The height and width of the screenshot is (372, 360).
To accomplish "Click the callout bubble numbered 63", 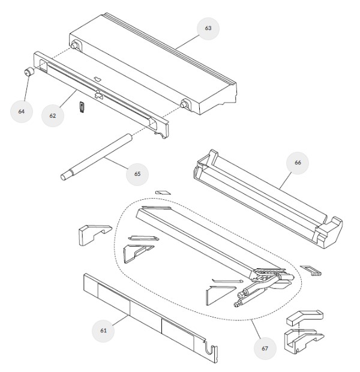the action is pyautogui.click(x=208, y=28).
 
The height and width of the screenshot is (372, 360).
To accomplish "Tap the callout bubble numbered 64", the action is pyautogui.click(x=22, y=112).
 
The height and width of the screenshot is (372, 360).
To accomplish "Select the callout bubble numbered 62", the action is pyautogui.click(x=52, y=116).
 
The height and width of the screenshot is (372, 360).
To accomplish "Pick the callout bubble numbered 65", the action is pyautogui.click(x=137, y=174).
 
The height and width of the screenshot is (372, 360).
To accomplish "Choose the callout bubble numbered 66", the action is pyautogui.click(x=298, y=163).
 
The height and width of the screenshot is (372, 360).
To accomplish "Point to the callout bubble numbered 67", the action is pyautogui.click(x=265, y=349).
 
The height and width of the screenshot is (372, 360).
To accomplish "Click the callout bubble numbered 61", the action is pyautogui.click(x=103, y=331).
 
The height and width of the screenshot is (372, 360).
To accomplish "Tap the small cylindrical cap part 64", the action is pyautogui.click(x=29, y=71).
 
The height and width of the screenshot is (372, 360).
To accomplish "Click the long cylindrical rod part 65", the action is pyautogui.click(x=97, y=157).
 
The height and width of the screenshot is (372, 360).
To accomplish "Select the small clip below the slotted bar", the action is pyautogui.click(x=82, y=107).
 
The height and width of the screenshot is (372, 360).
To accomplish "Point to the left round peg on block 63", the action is pyautogui.click(x=75, y=46).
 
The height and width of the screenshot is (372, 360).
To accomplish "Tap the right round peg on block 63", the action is pyautogui.click(x=184, y=104).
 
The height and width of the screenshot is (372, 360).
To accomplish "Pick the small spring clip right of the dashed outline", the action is pyautogui.click(x=311, y=270).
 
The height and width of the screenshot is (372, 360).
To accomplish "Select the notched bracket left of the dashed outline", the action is pyautogui.click(x=95, y=235).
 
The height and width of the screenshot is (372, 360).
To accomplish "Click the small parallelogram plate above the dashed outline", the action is pyautogui.click(x=163, y=192).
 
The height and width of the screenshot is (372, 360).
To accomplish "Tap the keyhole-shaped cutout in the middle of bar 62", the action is pyautogui.click(x=98, y=94).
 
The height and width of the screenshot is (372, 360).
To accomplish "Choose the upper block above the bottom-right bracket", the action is pyautogui.click(x=305, y=317).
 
